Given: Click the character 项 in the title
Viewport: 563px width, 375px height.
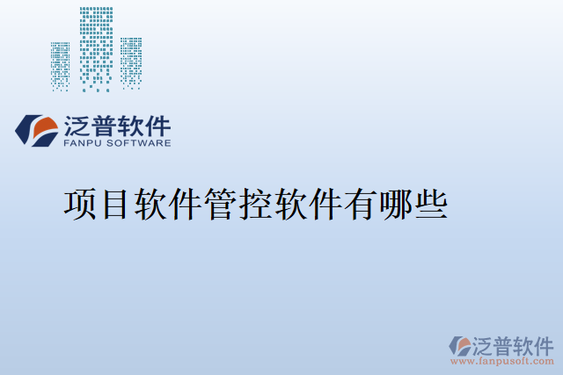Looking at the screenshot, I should pyautogui.click(x=80, y=205).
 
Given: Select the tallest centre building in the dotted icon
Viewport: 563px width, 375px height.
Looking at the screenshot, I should pyautogui.click(x=96, y=48).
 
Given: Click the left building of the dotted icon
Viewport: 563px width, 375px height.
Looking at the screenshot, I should pyautogui.click(x=61, y=66).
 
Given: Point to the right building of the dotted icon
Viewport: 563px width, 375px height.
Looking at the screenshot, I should pyautogui.click(x=131, y=63).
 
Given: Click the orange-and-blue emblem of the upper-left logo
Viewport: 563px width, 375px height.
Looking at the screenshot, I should pyautogui.click(x=36, y=129).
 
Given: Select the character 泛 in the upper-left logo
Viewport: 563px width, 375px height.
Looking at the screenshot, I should pyautogui.click(x=77, y=124).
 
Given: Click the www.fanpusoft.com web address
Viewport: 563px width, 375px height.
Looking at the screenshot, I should pyautogui.click(x=502, y=361).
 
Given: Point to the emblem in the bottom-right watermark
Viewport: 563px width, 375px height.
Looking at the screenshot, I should pyautogui.click(x=459, y=345).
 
